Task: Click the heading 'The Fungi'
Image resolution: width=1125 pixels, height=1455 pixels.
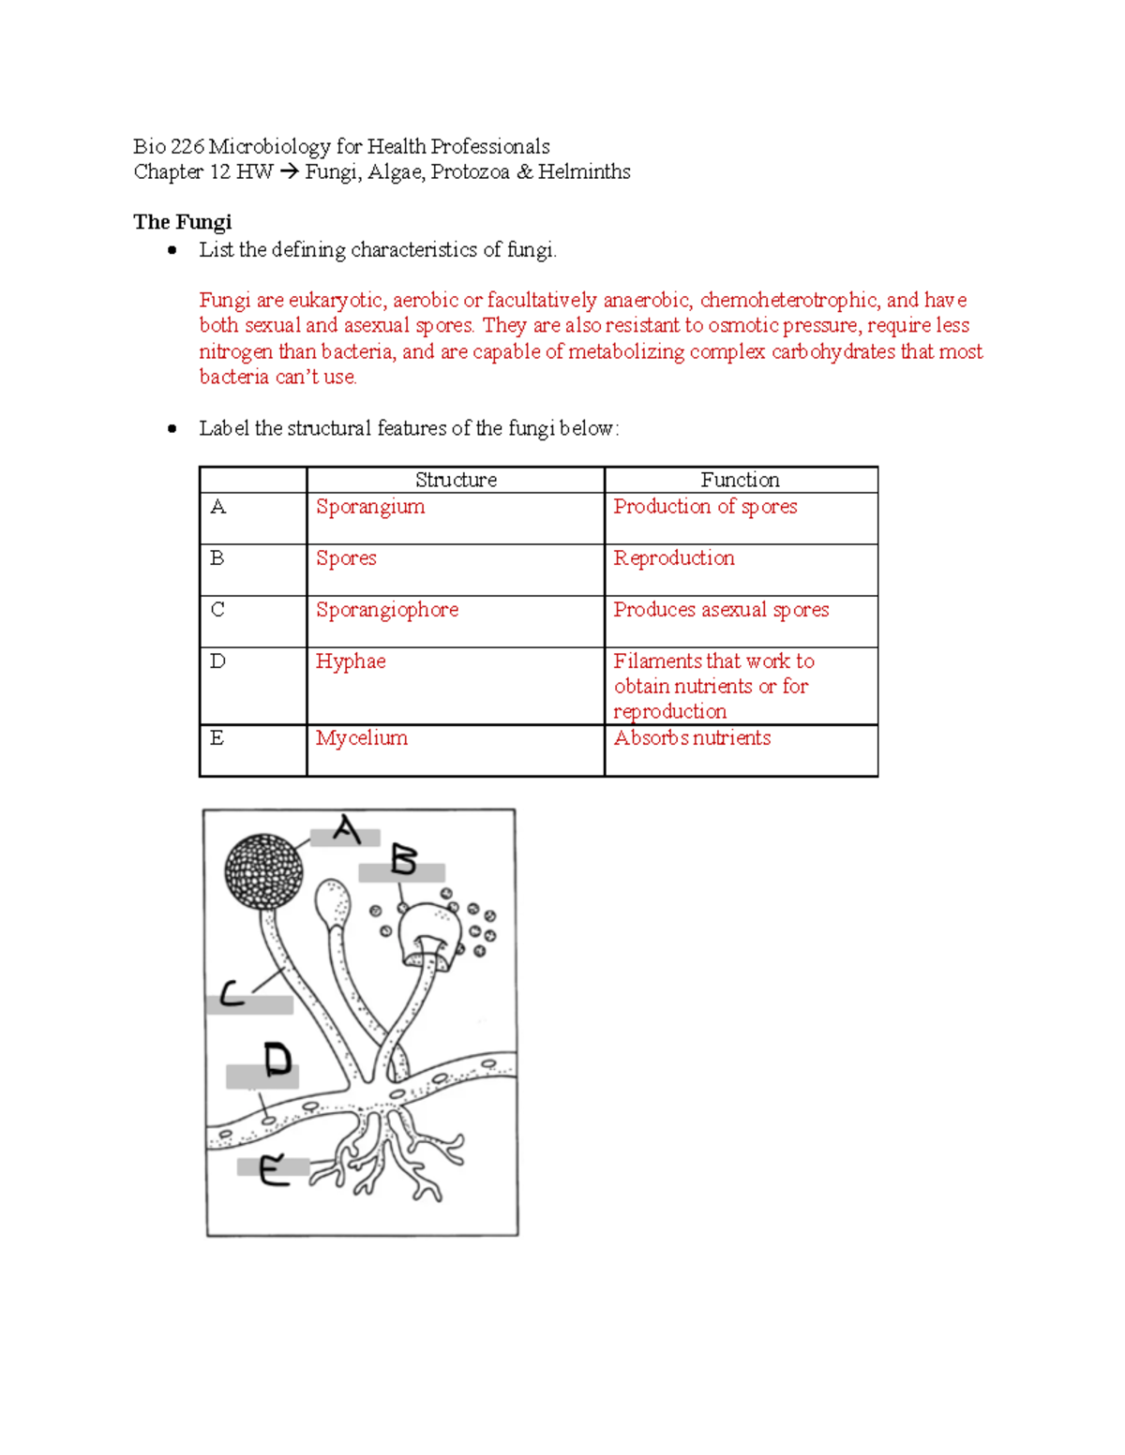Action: click(182, 222)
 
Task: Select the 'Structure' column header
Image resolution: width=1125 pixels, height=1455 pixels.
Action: click(456, 480)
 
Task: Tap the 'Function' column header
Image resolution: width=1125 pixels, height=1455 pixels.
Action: click(740, 480)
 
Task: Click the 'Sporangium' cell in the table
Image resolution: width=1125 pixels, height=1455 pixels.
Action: click(370, 507)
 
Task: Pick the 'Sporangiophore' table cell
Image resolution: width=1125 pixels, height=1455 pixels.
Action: click(387, 610)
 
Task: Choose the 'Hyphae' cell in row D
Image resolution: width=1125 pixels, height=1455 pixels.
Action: click(351, 661)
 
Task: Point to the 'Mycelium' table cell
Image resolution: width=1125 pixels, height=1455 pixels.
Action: click(362, 738)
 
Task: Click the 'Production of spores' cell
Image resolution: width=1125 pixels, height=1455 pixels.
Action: click(705, 507)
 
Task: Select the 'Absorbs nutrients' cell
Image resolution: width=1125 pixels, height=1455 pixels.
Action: click(692, 738)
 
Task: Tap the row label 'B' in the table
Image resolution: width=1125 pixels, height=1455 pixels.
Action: click(217, 558)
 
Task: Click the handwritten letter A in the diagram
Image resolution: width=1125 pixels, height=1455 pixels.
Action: click(347, 830)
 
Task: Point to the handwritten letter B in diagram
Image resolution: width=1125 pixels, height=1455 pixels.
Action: click(403, 860)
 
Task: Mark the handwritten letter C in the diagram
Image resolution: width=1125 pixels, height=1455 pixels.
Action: click(232, 993)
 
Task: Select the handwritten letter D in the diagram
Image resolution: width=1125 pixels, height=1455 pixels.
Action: click(277, 1060)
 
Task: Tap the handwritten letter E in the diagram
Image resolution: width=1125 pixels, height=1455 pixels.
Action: click(273, 1170)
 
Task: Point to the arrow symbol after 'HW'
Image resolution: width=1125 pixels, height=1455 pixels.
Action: click(289, 172)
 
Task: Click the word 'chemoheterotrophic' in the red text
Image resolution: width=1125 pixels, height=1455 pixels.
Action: click(788, 301)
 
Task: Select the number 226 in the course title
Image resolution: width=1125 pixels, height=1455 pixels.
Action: click(187, 147)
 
